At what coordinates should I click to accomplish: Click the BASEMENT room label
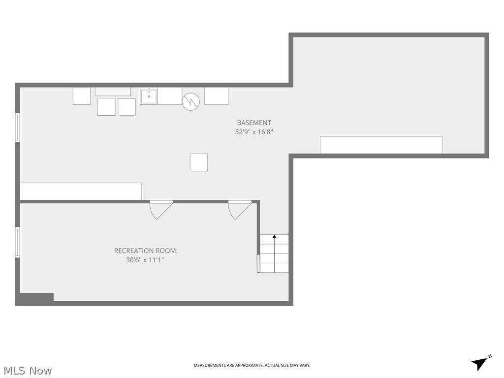(x=254, y=123)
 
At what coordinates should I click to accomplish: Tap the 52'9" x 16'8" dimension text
(x=254, y=132)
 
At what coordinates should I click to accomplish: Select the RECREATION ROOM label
(x=145, y=251)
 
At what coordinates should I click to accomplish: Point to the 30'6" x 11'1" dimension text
(x=145, y=260)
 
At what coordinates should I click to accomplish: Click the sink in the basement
(x=149, y=96)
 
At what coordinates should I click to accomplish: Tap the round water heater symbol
(x=191, y=102)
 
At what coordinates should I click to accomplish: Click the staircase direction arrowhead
(x=274, y=237)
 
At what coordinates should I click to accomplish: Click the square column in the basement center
(x=199, y=162)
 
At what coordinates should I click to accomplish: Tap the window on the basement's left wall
(x=18, y=127)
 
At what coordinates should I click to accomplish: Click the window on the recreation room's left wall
(x=18, y=242)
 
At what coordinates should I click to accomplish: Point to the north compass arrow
(x=480, y=363)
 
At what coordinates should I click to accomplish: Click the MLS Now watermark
(x=28, y=371)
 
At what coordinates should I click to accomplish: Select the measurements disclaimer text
(x=252, y=366)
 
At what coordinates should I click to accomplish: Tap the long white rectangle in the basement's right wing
(x=381, y=145)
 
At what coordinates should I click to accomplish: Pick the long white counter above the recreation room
(x=81, y=191)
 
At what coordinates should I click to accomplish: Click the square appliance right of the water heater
(x=217, y=96)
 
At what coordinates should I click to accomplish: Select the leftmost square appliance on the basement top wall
(x=82, y=96)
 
